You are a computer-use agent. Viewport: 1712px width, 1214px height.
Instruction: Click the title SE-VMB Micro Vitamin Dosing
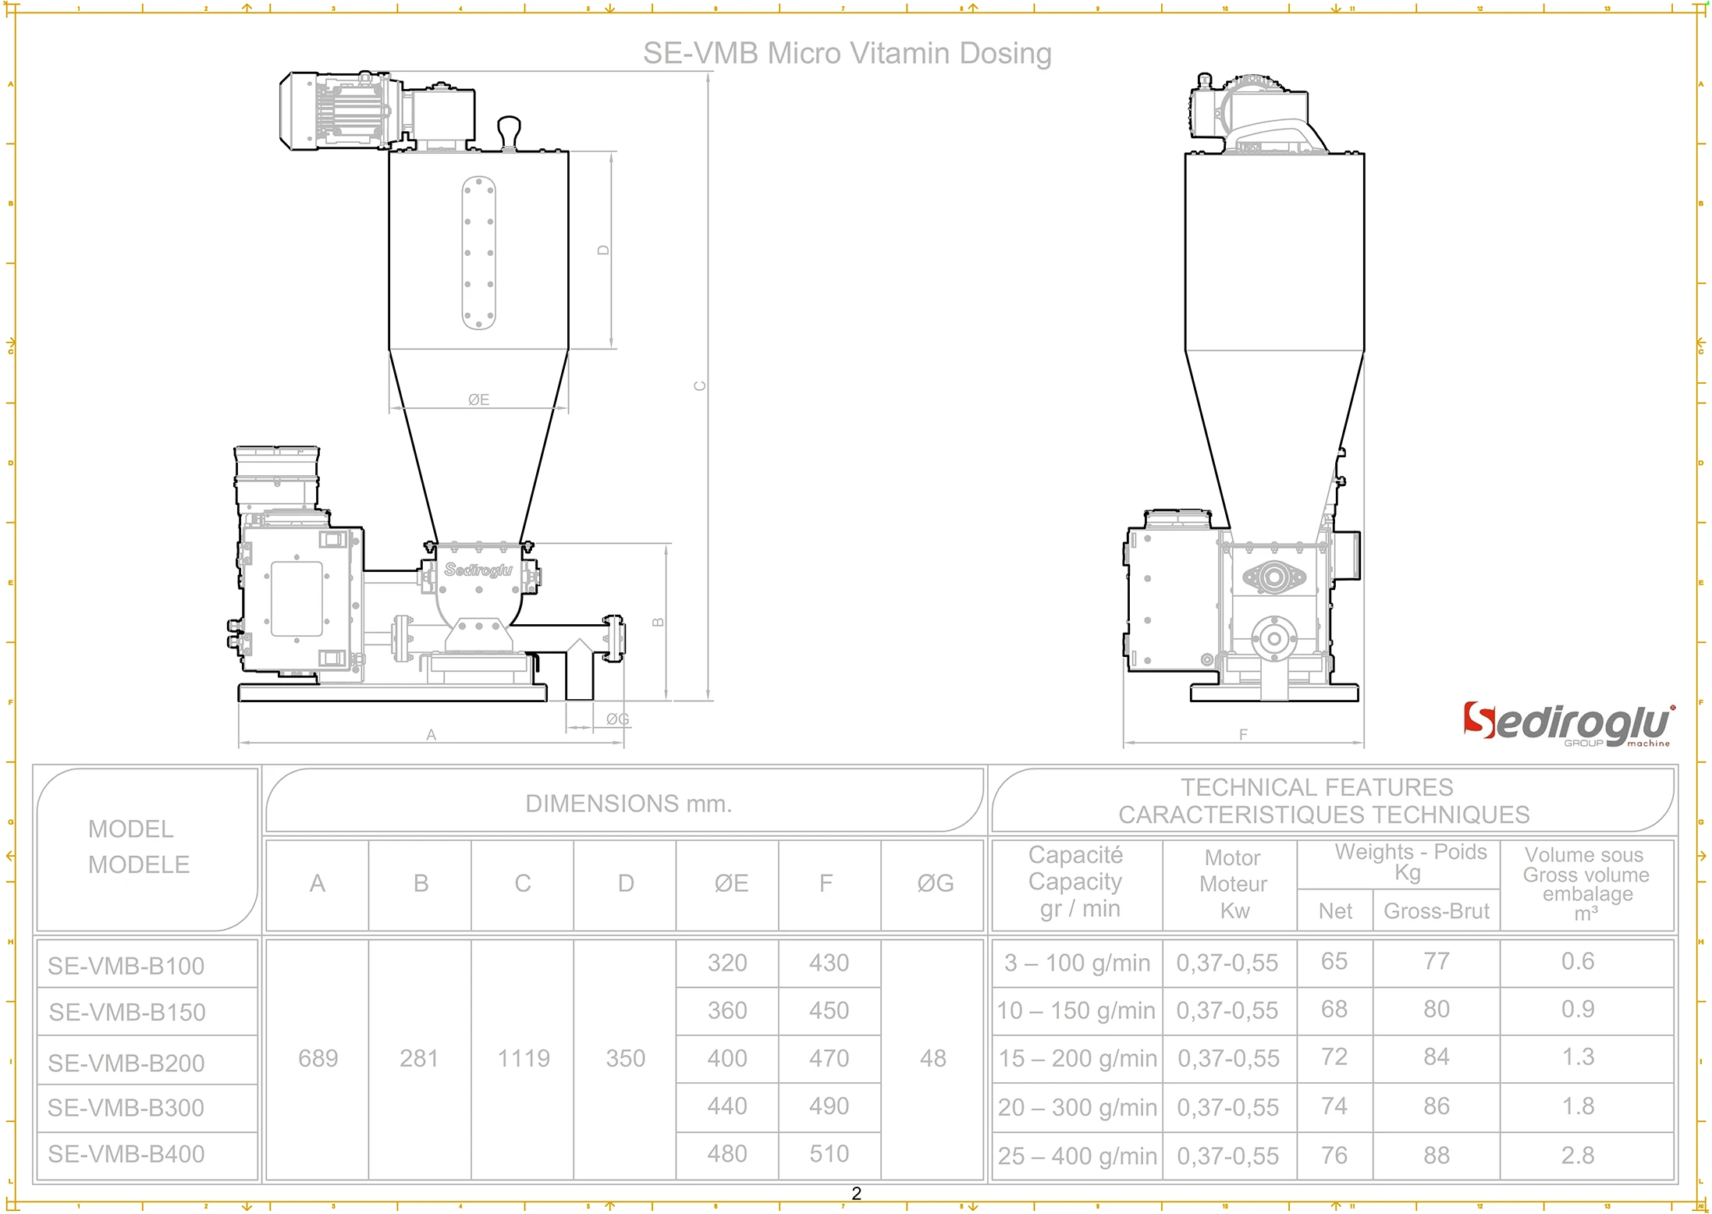click(847, 54)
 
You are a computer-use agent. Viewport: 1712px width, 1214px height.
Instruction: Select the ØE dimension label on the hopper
click(478, 399)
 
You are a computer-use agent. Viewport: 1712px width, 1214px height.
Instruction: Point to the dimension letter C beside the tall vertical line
click(700, 385)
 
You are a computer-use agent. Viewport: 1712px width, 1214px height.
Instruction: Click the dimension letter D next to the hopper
click(603, 250)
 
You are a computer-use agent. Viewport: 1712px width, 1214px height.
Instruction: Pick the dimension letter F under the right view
click(1243, 734)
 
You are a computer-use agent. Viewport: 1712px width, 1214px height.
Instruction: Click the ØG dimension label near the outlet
click(617, 719)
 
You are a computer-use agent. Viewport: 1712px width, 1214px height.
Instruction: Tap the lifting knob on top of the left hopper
click(509, 130)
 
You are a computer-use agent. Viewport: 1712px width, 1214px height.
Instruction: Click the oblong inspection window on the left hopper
click(479, 253)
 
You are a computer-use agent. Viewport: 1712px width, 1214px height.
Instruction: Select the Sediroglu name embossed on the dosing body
click(478, 570)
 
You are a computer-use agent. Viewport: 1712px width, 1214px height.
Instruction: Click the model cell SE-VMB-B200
click(126, 1063)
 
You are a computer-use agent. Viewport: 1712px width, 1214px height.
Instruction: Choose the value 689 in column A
click(318, 1058)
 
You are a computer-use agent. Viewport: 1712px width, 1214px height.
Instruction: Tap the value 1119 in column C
click(524, 1058)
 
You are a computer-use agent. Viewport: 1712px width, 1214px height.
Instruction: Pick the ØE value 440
click(727, 1106)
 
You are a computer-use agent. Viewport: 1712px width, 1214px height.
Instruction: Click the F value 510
click(829, 1153)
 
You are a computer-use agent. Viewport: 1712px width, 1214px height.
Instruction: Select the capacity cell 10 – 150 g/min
click(1075, 1010)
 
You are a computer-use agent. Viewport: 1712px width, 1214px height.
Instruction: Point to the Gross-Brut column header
click(1436, 910)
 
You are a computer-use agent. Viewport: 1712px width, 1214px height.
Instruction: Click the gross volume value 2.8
click(1578, 1155)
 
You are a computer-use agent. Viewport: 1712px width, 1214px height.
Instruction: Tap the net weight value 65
click(1334, 961)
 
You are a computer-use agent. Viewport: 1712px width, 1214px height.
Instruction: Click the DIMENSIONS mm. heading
click(628, 804)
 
